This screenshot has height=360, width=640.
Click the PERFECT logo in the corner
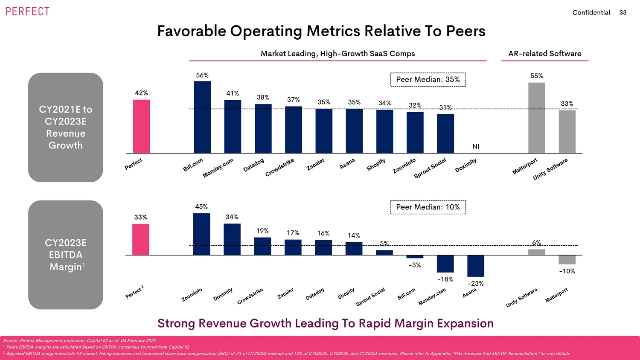click(27, 12)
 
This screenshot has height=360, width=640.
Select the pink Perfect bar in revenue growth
click(141, 126)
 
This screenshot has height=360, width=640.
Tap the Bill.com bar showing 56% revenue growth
click(202, 117)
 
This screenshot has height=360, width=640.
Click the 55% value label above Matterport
click(537, 76)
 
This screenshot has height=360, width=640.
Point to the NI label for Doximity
click(476, 147)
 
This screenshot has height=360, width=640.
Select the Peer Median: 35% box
click(428, 80)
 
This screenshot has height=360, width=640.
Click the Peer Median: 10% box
click(428, 207)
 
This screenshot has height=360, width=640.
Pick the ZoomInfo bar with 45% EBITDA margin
click(201, 234)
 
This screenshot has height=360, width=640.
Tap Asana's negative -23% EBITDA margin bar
click(476, 266)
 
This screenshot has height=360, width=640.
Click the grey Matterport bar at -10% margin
click(567, 260)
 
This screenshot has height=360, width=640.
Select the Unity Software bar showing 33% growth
click(567, 131)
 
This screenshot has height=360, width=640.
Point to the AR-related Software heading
click(545, 54)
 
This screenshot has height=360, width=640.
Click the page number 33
click(623, 13)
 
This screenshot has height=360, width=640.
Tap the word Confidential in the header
click(591, 13)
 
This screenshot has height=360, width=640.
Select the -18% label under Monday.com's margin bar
click(445, 279)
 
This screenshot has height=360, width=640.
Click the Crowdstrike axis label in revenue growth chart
click(280, 168)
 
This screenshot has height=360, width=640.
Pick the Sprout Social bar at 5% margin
click(384, 253)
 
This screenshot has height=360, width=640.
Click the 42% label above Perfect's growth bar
click(141, 93)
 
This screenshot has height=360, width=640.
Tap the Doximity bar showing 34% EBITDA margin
click(232, 239)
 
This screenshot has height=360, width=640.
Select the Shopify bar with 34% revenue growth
click(385, 131)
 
